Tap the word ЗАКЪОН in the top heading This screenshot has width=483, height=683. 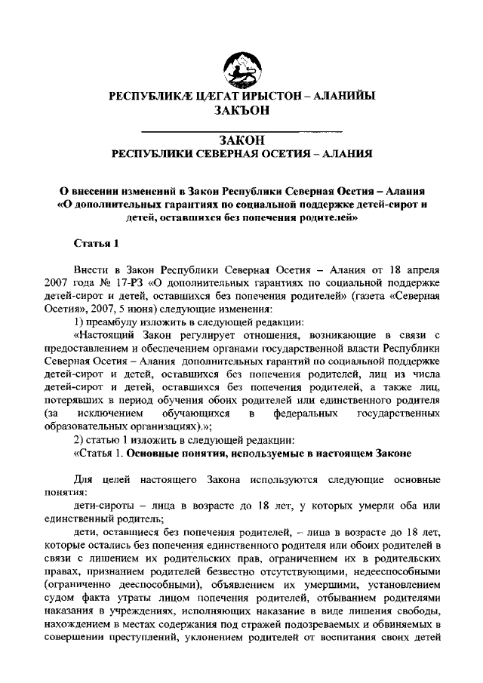241,110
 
